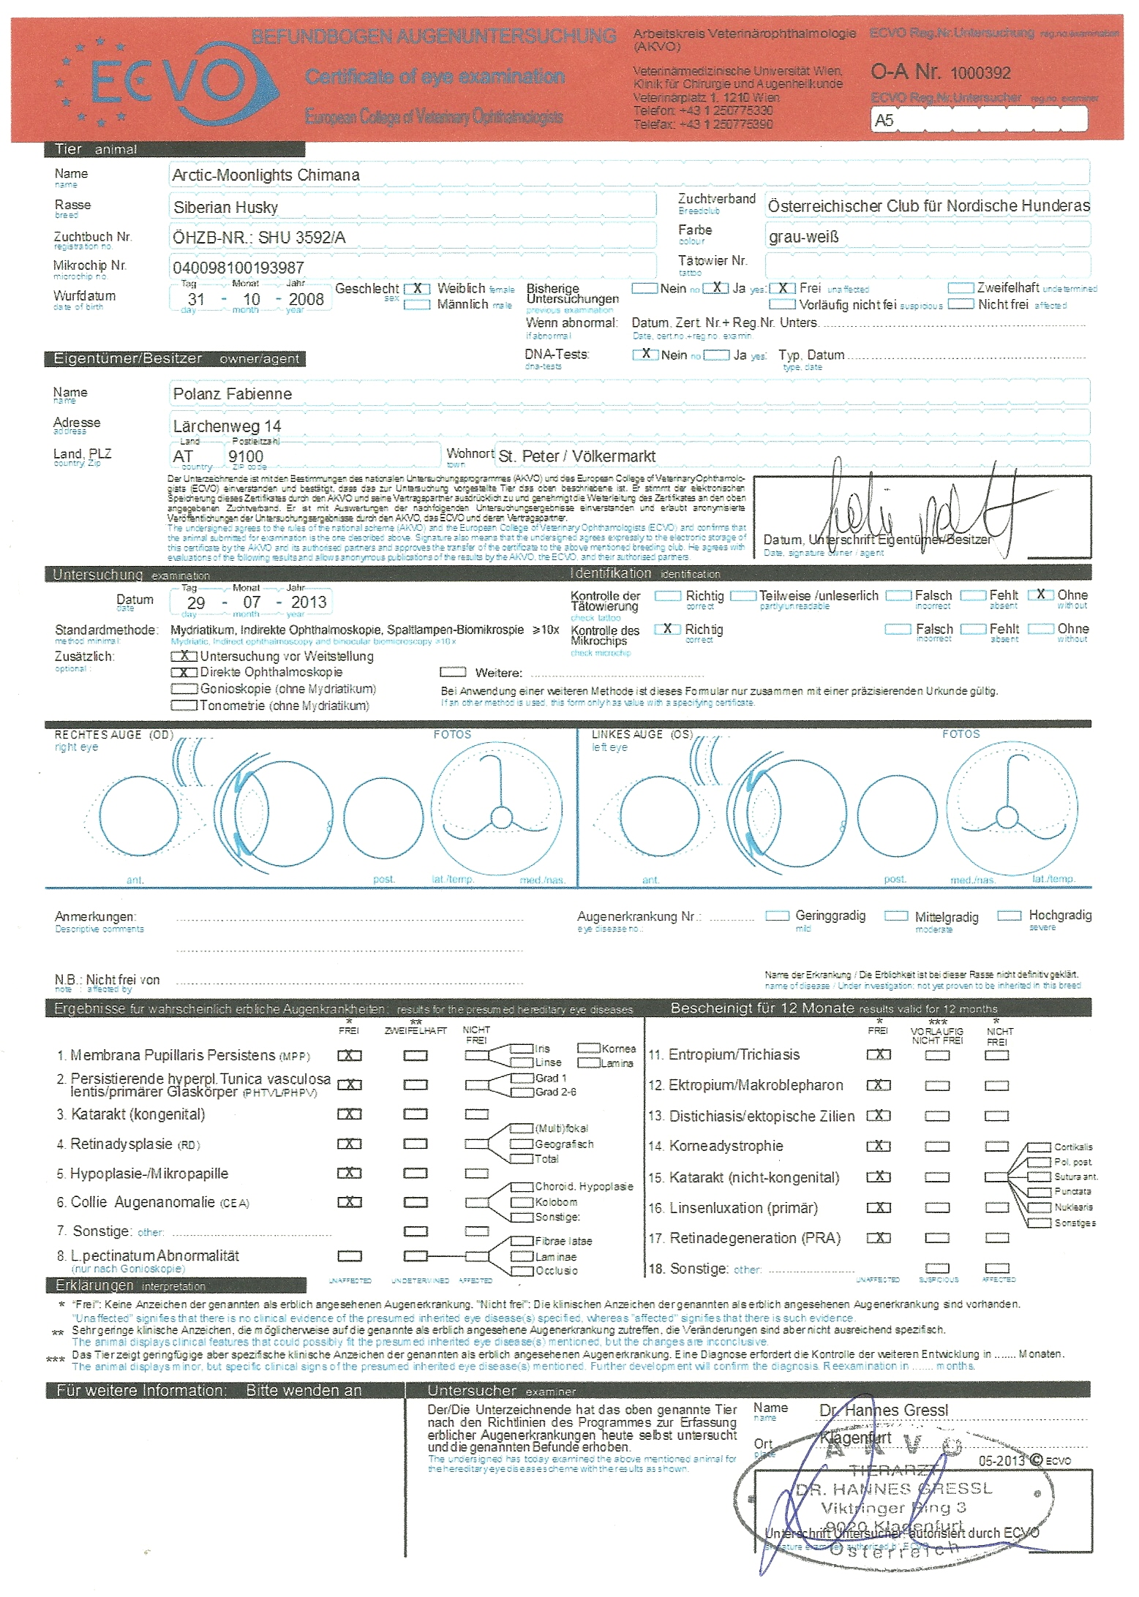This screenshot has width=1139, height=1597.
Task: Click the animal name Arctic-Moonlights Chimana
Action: click(266, 175)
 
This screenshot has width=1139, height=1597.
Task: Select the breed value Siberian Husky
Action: click(225, 208)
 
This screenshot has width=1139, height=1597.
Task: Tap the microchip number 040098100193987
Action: click(238, 268)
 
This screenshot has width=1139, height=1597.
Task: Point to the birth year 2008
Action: click(306, 299)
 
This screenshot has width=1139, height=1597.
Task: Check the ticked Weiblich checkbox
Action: click(417, 289)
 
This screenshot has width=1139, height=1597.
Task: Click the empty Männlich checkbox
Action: click(417, 305)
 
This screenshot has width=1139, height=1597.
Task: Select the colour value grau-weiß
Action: click(803, 237)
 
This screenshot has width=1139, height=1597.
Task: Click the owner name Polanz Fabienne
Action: click(232, 394)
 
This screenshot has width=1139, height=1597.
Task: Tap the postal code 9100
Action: click(245, 456)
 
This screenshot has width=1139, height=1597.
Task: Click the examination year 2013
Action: click(308, 603)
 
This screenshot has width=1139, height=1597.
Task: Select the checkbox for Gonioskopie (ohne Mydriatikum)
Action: click(184, 689)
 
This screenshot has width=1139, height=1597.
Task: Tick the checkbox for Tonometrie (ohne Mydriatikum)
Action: click(184, 706)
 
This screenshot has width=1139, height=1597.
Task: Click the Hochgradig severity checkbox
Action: click(1010, 915)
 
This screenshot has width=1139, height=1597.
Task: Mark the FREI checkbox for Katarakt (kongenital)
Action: click(350, 1114)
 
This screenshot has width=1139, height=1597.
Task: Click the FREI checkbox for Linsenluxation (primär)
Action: click(879, 1208)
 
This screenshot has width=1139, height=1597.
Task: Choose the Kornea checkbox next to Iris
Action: click(589, 1048)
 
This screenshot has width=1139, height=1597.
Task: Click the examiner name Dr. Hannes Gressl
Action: click(883, 1410)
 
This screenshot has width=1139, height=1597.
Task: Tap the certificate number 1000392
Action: click(980, 73)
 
